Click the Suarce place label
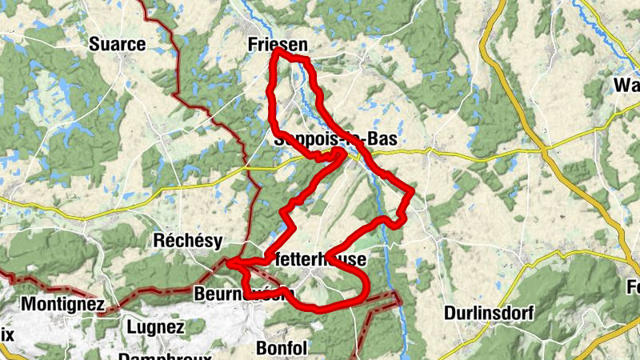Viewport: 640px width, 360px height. point(118,44)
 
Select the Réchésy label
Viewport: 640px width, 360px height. point(187,241)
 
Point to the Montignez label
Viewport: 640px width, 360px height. point(62,304)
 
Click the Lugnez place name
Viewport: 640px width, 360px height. point(155,327)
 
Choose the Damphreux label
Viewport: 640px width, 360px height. point(165,356)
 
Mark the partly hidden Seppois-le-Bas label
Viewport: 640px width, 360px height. point(335,139)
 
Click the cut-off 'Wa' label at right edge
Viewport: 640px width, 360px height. point(626,86)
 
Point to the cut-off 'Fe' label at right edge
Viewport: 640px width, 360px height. point(632,286)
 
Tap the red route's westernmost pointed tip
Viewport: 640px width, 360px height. point(229,262)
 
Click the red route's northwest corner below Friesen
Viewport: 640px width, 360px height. point(275,51)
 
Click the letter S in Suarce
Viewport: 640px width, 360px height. point(95,44)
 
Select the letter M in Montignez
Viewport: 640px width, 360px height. point(28,304)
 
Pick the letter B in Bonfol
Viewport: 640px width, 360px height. point(262,348)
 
